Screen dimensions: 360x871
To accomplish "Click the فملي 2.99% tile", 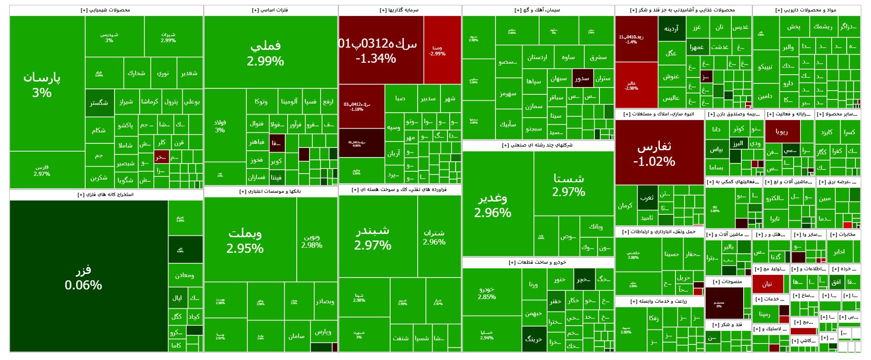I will pyautogui.click(x=266, y=53).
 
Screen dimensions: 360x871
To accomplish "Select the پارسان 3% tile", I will pyautogui.click(x=42, y=85).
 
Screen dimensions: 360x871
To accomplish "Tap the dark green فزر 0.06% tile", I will pyautogui.click(x=84, y=277).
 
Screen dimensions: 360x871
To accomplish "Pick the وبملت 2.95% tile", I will pyautogui.click(x=245, y=240).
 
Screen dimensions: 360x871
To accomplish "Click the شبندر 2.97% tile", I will pyautogui.click(x=373, y=237).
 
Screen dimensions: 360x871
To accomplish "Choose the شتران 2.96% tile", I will pyautogui.click(x=434, y=237).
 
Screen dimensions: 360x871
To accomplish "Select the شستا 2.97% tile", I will pyautogui.click(x=569, y=184).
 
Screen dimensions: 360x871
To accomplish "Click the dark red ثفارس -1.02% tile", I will pyautogui.click(x=654, y=153).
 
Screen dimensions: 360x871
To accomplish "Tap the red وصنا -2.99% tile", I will pyautogui.click(x=437, y=50).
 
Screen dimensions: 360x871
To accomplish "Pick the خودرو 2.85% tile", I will pyautogui.click(x=487, y=293).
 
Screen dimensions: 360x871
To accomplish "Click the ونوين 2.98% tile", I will pyautogui.click(x=312, y=241).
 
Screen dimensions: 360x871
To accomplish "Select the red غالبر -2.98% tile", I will pyautogui.click(x=631, y=85).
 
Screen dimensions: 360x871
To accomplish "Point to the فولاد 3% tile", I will pyautogui.click(x=220, y=126).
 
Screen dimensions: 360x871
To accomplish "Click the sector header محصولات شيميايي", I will pyautogui.click(x=106, y=10).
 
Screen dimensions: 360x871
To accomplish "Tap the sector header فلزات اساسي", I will pyautogui.click(x=270, y=10).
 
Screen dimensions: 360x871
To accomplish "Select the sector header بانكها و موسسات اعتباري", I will pyautogui.click(x=270, y=191).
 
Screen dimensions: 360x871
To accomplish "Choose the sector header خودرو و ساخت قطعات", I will pyautogui.click(x=538, y=262).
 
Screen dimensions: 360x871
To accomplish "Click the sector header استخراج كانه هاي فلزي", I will pyautogui.click(x=106, y=195).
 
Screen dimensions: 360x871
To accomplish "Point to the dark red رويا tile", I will pyautogui.click(x=782, y=131).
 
